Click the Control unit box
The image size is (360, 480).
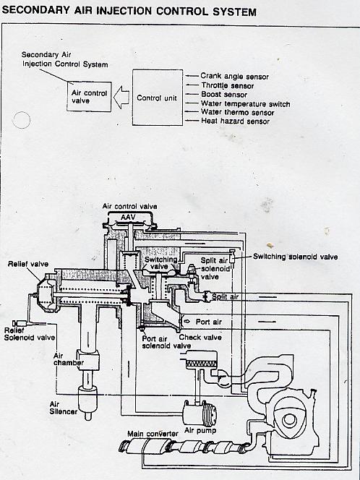[158, 98]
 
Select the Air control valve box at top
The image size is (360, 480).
[89, 96]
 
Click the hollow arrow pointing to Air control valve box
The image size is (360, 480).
[121, 97]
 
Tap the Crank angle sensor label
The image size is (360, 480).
[234, 76]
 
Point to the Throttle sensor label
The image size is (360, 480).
[228, 86]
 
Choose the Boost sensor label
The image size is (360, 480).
[224, 95]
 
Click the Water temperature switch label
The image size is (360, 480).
[246, 104]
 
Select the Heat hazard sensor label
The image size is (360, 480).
[235, 121]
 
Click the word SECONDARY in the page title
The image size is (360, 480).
[36, 10]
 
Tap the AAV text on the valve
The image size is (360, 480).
[128, 218]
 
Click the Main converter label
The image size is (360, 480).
[153, 434]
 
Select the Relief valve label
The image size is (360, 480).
[28, 264]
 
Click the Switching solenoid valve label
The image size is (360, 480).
[296, 257]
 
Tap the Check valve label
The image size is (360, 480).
[200, 338]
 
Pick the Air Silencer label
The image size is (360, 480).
[64, 408]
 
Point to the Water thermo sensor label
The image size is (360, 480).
[237, 112]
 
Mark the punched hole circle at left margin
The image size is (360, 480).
[21, 120]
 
